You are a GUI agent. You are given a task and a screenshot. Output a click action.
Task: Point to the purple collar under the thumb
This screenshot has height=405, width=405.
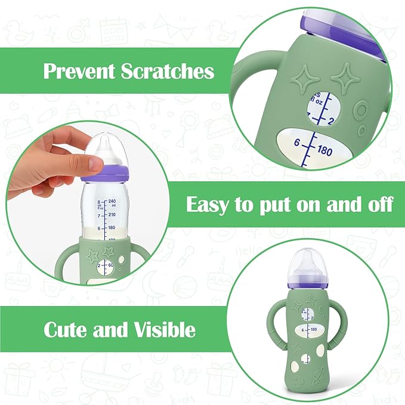(x=110, y=174)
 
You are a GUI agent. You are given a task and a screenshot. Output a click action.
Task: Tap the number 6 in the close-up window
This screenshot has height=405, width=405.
(x=295, y=142)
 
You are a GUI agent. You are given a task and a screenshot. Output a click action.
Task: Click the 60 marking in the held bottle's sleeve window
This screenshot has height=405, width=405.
(x=110, y=264)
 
